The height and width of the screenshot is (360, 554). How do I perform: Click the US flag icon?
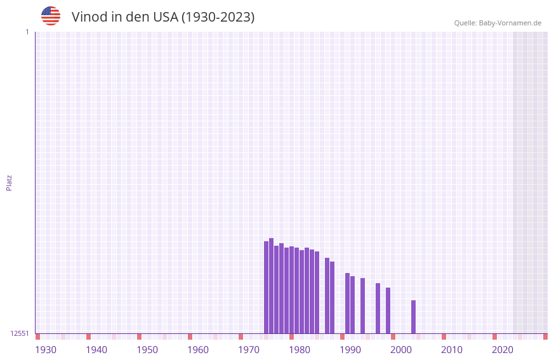point(51,16)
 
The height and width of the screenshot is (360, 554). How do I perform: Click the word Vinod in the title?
point(89,17)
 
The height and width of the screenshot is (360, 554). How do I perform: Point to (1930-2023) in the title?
point(218,17)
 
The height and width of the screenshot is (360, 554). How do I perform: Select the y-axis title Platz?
point(9,183)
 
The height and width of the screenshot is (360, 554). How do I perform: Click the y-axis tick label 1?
point(27,32)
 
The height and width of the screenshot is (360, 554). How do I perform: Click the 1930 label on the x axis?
point(46,350)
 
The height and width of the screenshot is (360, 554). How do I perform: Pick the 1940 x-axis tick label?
point(96,350)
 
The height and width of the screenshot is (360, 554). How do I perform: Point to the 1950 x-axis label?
point(147,350)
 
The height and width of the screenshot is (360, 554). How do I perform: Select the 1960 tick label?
point(198,350)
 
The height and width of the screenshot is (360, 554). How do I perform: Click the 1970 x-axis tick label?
point(249,350)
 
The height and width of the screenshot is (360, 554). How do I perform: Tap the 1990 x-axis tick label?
point(350,350)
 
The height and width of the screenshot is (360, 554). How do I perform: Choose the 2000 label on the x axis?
point(401,350)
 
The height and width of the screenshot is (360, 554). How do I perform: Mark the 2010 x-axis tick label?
point(452,350)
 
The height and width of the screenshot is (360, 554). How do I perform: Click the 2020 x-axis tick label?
point(503,350)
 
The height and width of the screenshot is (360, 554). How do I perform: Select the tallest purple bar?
point(272,286)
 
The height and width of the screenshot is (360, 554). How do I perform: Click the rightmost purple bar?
point(414,317)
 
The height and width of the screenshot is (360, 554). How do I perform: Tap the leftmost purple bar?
point(267,288)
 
